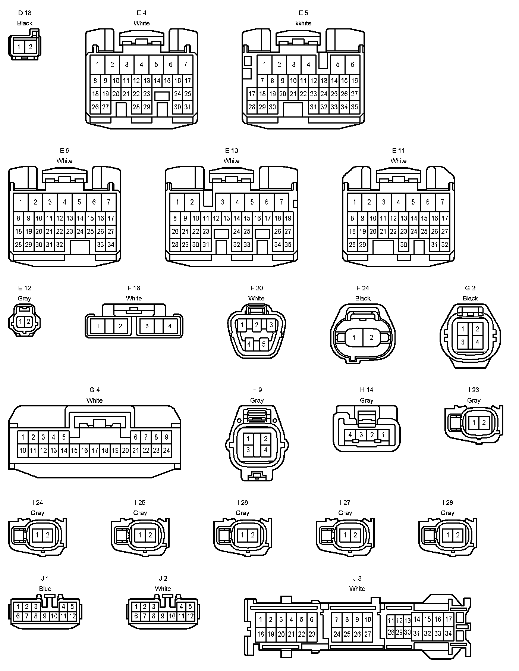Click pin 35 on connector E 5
tap(354, 107)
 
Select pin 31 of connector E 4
tap(188, 107)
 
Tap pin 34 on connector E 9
tap(111, 245)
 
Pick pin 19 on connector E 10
tap(288, 218)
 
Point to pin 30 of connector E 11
tap(403, 245)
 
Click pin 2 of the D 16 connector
tap(31, 47)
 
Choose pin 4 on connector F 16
tap(170, 326)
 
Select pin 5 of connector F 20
tap(263, 344)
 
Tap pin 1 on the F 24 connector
tap(354, 338)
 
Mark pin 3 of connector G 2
tap(463, 342)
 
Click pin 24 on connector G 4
tap(166, 450)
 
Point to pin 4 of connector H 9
tap(265, 450)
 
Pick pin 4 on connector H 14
tap(350, 434)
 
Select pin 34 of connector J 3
tap(448, 633)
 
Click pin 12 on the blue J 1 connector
tap(72, 616)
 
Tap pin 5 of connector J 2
tap(190, 607)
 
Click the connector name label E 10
tap(232, 150)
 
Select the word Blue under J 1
tap(45, 589)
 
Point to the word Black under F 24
tap(363, 298)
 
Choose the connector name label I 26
tap(242, 503)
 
